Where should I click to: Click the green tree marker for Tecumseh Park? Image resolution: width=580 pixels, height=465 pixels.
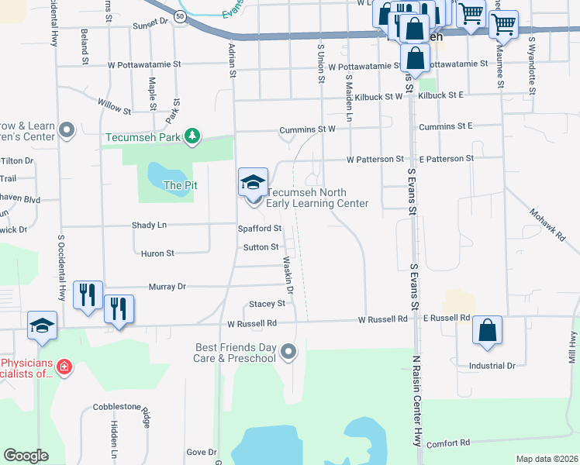click(x=192, y=138)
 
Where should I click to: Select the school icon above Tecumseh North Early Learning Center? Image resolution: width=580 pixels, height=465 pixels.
click(x=253, y=182)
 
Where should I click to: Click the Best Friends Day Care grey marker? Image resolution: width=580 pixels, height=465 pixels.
click(x=288, y=353)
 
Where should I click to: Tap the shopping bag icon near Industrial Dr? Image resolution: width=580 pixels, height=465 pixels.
click(x=487, y=330)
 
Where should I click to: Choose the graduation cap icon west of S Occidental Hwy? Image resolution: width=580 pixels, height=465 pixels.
click(x=43, y=326)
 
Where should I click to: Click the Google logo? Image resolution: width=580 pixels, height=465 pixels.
click(x=26, y=456)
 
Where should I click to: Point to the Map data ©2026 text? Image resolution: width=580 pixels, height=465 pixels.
click(x=546, y=459)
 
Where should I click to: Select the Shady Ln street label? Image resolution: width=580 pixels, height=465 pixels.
click(x=150, y=225)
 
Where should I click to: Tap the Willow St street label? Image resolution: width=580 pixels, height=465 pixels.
click(x=114, y=103)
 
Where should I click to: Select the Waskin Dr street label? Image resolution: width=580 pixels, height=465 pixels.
click(x=288, y=275)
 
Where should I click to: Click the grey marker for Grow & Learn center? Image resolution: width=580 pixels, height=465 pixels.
click(x=67, y=130)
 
